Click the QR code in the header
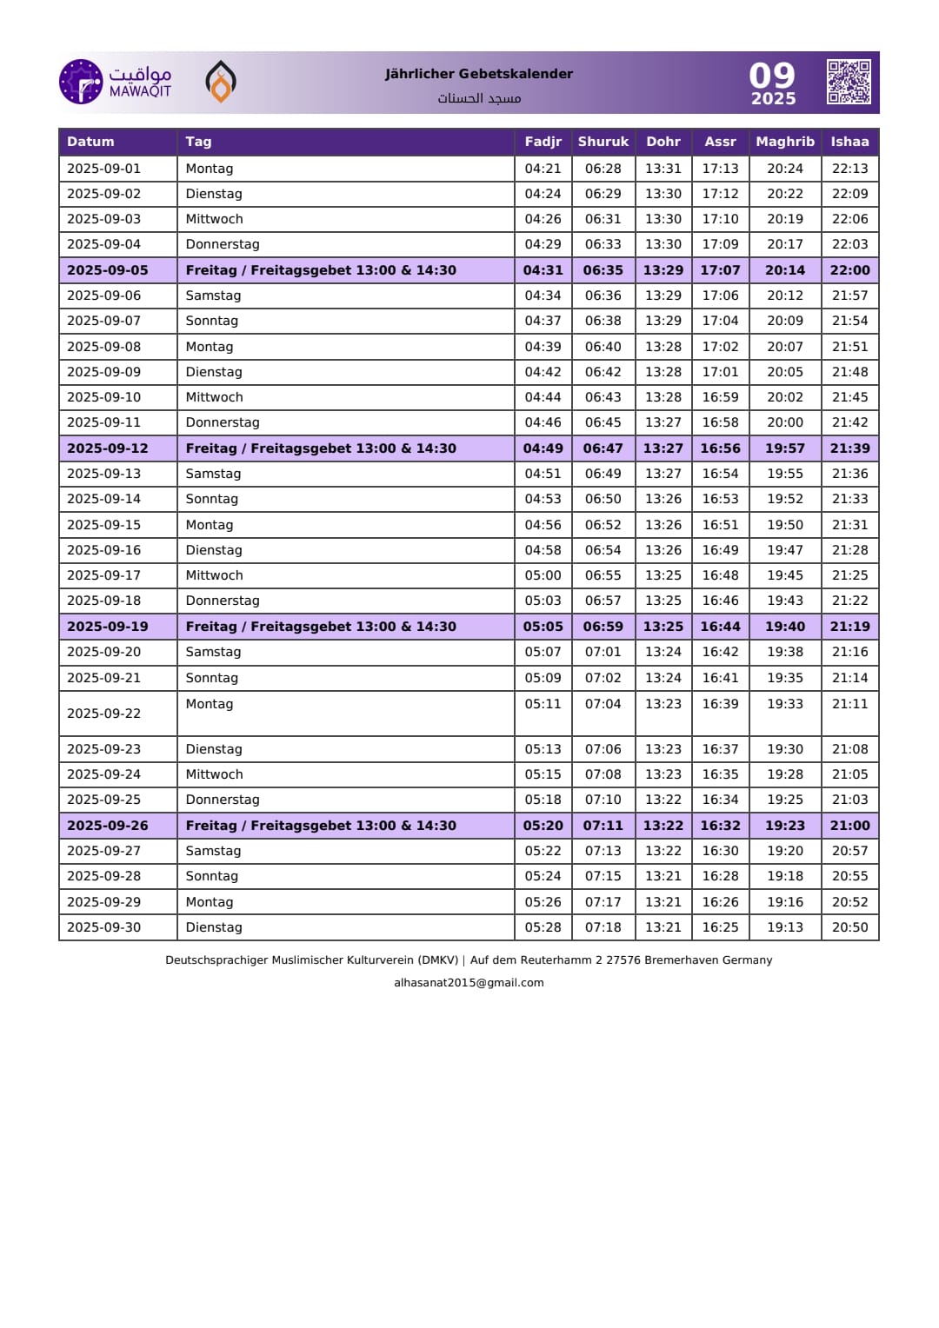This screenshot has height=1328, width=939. click(849, 83)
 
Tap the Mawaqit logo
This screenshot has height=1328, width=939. click(116, 82)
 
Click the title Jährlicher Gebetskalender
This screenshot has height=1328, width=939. click(479, 74)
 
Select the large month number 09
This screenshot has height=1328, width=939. click(772, 76)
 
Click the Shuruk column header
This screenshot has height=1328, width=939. click(603, 142)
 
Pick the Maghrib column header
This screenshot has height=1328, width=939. click(784, 142)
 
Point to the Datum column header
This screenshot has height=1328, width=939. click(90, 142)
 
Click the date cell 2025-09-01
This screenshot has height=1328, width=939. click(103, 169)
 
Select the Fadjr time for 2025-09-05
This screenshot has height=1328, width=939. click(543, 270)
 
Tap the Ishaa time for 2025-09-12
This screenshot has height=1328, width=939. click(849, 448)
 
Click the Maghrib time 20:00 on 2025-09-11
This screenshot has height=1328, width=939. click(784, 422)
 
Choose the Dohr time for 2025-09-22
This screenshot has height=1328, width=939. click(663, 704)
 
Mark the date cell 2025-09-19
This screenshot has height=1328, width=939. click(108, 627)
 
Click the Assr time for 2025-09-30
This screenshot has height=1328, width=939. click(720, 927)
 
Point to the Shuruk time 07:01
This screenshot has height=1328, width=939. click(603, 652)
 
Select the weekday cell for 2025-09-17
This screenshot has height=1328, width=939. click(214, 575)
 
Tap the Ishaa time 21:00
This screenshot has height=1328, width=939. click(849, 826)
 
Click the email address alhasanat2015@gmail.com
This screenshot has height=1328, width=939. click(469, 983)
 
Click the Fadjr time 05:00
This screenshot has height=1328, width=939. click(543, 575)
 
